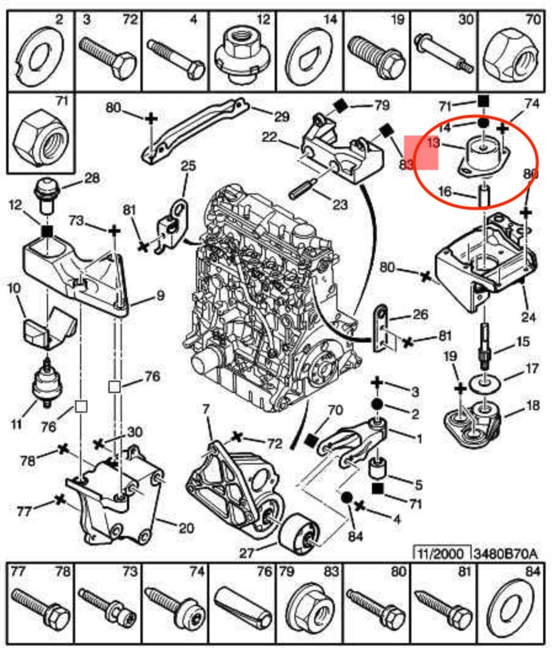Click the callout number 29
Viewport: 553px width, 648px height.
(281, 116)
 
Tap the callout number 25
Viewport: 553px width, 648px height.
(188, 166)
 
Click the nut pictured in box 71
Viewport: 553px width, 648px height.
(39, 134)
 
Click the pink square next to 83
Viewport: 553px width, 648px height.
(421, 153)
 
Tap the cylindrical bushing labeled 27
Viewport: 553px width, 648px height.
(299, 532)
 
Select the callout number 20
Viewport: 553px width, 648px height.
(186, 527)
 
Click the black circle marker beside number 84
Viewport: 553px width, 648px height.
(345, 498)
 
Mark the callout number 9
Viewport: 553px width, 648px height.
(159, 296)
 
